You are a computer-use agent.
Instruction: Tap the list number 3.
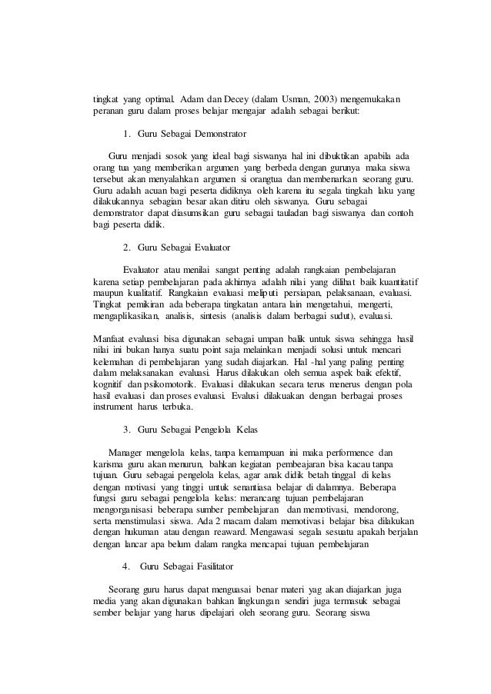(126, 429)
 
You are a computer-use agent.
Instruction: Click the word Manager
(127, 452)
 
